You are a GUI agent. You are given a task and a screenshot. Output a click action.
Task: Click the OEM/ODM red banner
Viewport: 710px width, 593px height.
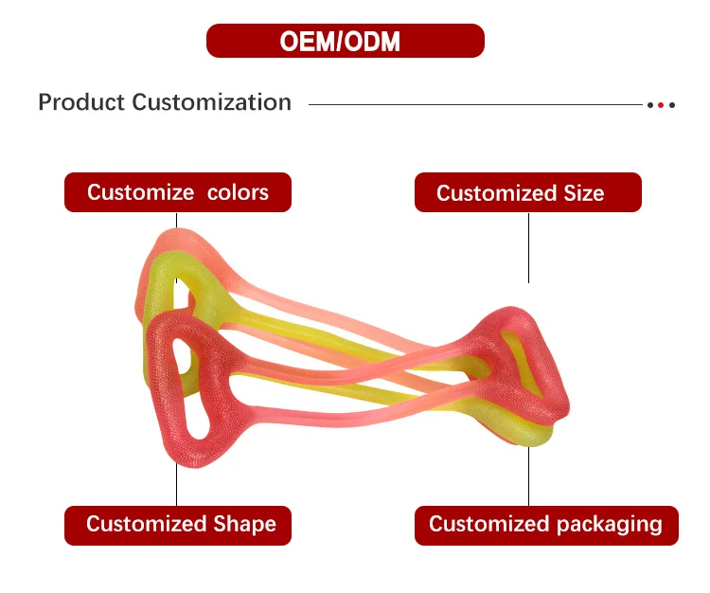pyautogui.click(x=345, y=41)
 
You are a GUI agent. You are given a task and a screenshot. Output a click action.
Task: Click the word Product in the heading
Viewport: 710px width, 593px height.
pyautogui.click(x=81, y=102)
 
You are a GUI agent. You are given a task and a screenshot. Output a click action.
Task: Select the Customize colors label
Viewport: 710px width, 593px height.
pyautogui.click(x=178, y=192)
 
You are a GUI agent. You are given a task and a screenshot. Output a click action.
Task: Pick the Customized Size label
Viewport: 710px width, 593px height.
pyautogui.click(x=527, y=193)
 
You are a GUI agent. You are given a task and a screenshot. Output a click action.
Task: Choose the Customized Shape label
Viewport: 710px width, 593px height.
pyautogui.click(x=178, y=524)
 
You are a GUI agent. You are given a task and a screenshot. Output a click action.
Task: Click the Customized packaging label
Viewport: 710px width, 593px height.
pyautogui.click(x=545, y=524)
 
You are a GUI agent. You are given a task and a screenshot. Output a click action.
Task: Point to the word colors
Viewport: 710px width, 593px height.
pyautogui.click(x=238, y=192)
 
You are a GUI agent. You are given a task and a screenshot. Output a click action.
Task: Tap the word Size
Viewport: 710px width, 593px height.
pyautogui.click(x=583, y=193)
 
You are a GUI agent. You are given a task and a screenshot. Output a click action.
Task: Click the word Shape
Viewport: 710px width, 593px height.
pyautogui.click(x=244, y=524)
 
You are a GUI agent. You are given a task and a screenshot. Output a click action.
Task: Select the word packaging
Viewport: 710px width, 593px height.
pyautogui.click(x=608, y=524)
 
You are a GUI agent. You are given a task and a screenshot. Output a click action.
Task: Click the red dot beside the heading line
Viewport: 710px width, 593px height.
pyautogui.click(x=661, y=104)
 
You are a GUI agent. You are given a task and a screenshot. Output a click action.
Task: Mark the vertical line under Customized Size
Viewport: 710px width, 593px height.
pyautogui.click(x=528, y=246)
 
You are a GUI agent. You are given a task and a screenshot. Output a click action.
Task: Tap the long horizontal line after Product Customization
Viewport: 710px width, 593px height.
pyautogui.click(x=473, y=104)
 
